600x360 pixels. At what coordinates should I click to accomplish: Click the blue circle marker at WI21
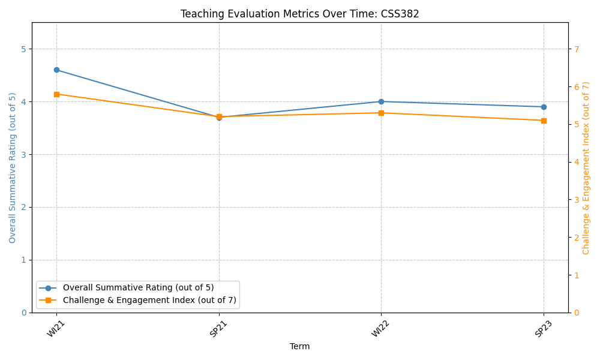56,70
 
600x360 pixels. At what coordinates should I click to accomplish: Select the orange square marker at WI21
56,94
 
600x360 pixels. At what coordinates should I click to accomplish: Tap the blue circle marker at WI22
381,101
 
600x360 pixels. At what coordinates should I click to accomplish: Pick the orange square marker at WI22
381,113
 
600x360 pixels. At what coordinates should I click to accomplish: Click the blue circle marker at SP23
544,107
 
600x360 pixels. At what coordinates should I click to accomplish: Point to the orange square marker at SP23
544,121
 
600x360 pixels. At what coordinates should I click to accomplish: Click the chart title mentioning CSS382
300,14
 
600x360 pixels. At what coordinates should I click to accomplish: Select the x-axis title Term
300,346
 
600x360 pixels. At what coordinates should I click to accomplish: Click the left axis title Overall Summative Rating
13,167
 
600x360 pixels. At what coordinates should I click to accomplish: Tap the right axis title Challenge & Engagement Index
586,167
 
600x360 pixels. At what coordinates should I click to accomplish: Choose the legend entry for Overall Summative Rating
138,288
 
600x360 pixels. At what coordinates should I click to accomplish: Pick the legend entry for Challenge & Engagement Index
149,300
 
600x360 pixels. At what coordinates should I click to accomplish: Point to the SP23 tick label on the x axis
541,329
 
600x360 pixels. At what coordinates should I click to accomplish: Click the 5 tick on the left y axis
23,49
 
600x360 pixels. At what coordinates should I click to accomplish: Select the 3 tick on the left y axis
23,155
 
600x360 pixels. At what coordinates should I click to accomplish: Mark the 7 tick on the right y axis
576,49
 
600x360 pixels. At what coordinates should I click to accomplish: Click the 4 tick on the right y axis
576,162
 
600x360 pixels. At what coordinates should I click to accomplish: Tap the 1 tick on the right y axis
576,275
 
